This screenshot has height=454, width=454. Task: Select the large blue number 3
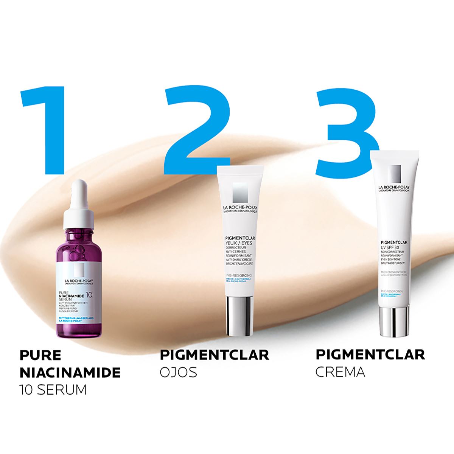pos(346,132)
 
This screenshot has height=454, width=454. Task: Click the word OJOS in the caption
pos(178,372)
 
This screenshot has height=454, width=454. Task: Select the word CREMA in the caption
pos(340,372)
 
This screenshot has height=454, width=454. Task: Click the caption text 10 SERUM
pos(53,389)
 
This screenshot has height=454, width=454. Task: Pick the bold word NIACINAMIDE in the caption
pos(70,372)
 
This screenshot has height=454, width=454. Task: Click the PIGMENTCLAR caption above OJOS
pos(214,355)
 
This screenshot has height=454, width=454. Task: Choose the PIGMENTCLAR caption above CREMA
pos(370,355)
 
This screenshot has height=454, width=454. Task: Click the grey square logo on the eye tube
pos(239,193)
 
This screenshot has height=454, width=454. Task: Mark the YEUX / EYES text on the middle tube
pos(238,243)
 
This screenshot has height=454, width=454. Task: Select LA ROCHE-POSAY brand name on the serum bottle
pos(79,281)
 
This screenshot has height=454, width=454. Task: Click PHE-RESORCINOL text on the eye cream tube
pos(238,275)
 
